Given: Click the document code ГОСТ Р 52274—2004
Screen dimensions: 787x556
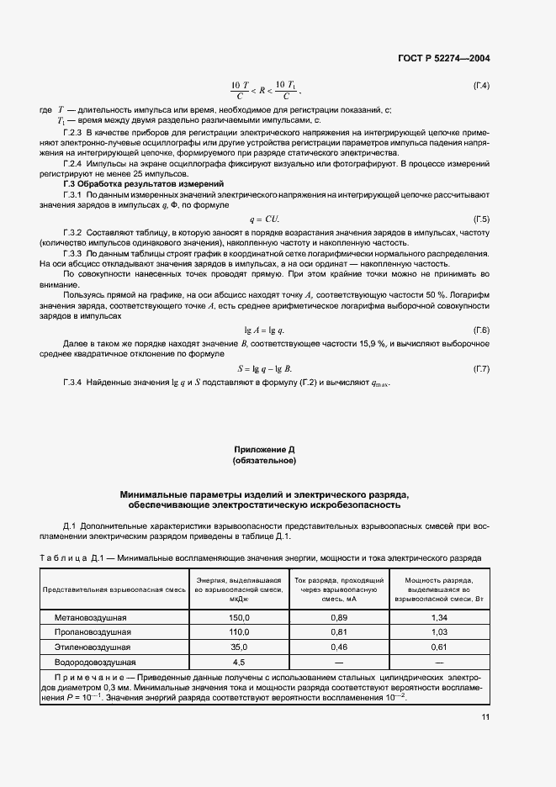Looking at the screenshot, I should point(443,59).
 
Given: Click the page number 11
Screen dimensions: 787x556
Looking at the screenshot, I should point(485,717).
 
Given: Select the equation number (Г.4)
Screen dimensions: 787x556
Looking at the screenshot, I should point(481,86).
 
